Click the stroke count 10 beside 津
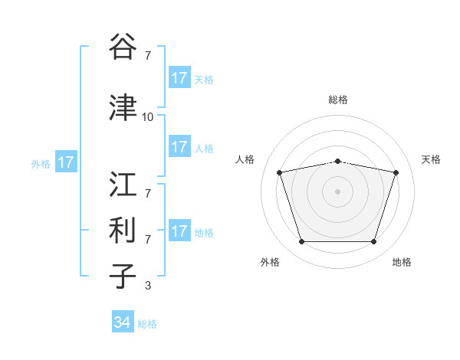click(147, 117)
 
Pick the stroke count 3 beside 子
click(147, 286)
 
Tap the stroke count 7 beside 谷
click(147, 56)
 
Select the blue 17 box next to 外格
click(66, 162)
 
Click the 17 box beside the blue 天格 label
click(179, 78)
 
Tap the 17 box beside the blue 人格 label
click(179, 148)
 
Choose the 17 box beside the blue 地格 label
click(179, 231)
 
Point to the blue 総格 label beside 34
click(147, 324)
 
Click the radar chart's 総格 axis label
click(338, 100)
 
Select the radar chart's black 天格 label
click(432, 159)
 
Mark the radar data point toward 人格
click(280, 173)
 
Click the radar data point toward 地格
click(373, 242)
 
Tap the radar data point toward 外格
click(301, 242)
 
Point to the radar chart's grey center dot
click(337, 191)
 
